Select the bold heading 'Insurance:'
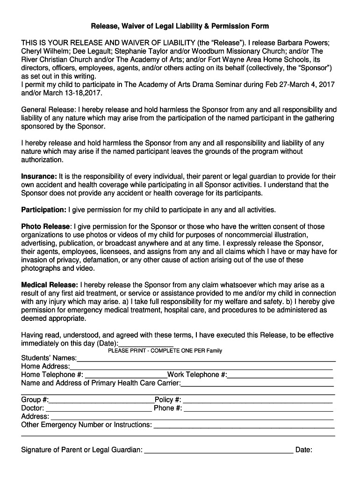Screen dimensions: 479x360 [x=39, y=176]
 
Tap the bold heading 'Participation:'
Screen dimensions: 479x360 [x=44, y=209]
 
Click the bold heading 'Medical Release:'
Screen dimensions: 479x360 [x=50, y=285]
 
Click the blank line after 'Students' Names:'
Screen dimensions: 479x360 [x=206, y=359]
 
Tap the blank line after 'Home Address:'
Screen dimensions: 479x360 [x=202, y=367]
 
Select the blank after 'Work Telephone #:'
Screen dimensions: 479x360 [x=281, y=375]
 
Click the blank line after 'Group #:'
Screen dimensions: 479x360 [x=101, y=400]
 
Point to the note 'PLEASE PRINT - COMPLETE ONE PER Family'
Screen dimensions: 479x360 [x=165, y=351]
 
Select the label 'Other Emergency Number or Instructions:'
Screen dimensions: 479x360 [x=86, y=425]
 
